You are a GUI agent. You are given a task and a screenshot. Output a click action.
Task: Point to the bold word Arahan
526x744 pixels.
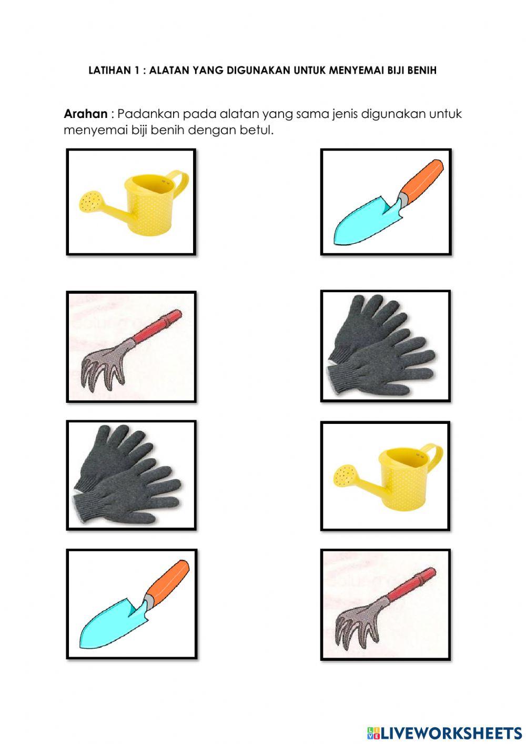pyautogui.click(x=86, y=114)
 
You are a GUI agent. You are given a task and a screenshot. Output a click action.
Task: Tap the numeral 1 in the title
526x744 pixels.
pyautogui.click(x=136, y=71)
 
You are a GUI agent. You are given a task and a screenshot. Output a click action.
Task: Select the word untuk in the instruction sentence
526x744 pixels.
pyautogui.click(x=446, y=114)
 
